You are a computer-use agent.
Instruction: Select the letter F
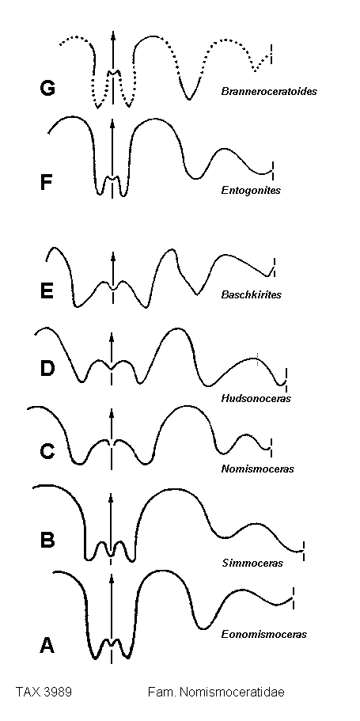(47, 182)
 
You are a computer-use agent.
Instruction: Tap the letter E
(47, 290)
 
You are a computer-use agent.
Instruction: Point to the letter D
(47, 368)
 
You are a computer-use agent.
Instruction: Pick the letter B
(47, 540)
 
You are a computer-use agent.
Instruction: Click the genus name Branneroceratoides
(269, 92)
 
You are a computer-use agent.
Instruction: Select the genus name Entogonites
(251, 190)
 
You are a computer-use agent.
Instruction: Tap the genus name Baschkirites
(251, 294)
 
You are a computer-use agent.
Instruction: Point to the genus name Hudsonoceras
(256, 398)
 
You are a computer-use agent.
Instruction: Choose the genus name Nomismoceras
(257, 469)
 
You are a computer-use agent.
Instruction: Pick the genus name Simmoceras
(252, 563)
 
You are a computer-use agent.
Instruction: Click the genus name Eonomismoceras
(264, 635)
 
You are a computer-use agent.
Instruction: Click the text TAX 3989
(44, 692)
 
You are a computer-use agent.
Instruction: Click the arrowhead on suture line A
(111, 579)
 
